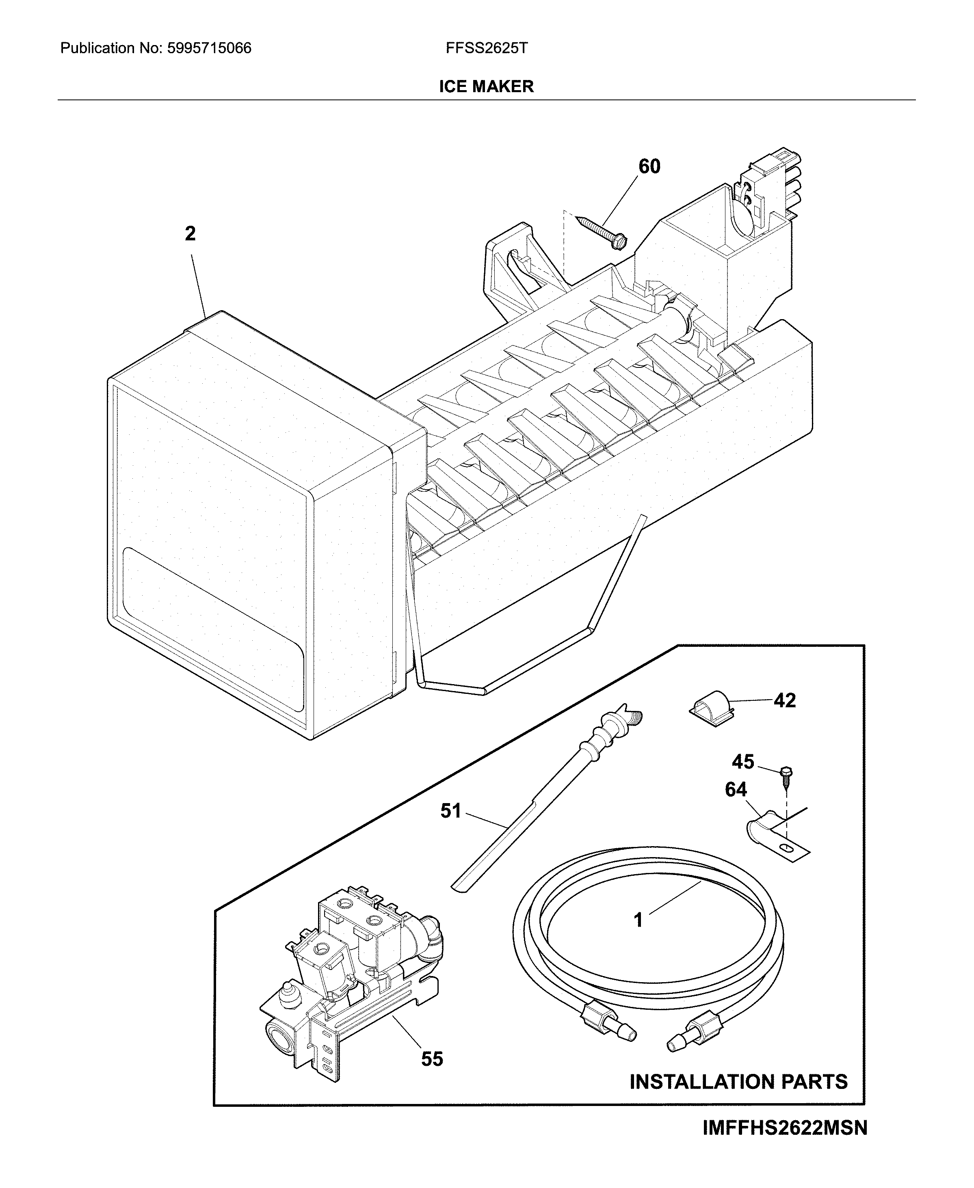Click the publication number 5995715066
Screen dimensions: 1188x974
click(x=209, y=48)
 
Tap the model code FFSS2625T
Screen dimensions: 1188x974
click(x=487, y=48)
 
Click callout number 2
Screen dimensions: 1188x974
click(x=190, y=234)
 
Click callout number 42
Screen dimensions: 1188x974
click(x=784, y=700)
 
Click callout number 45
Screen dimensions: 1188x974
click(x=743, y=762)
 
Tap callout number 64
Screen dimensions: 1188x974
click(x=736, y=790)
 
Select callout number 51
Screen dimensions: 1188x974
click(x=450, y=811)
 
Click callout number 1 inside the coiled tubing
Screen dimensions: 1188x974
click(x=638, y=920)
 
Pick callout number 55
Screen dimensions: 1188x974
click(x=432, y=1059)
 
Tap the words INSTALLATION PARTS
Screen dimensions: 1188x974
click(x=738, y=1082)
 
